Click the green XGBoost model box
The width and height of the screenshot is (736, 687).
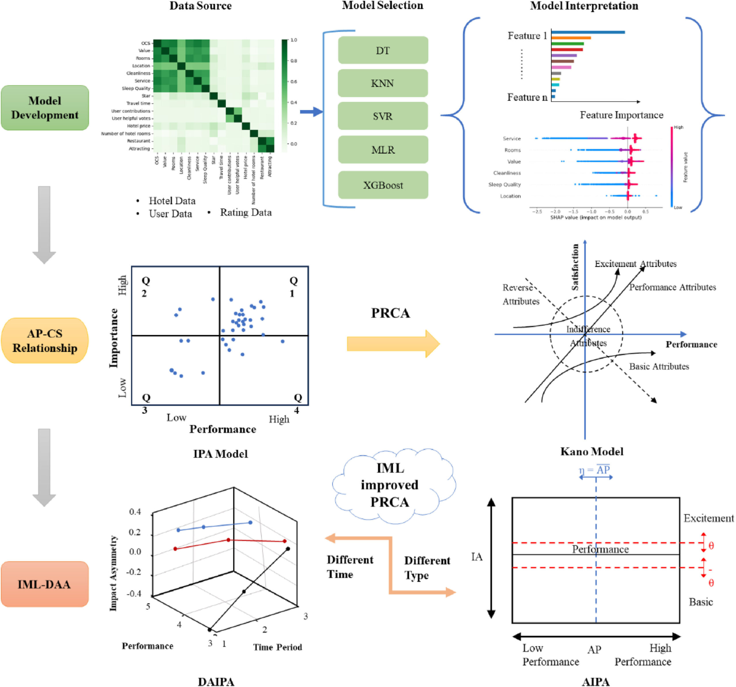(x=383, y=185)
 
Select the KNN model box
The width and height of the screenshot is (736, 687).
(x=383, y=83)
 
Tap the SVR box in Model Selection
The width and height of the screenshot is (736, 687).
(x=383, y=116)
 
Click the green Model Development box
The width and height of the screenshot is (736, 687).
(x=45, y=108)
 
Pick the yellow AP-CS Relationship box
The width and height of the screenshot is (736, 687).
(x=45, y=341)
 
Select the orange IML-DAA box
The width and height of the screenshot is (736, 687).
(x=45, y=584)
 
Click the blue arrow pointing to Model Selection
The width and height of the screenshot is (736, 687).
(x=311, y=112)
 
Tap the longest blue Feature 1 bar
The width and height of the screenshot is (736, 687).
(x=588, y=32)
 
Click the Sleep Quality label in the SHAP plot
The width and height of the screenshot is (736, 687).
(x=504, y=184)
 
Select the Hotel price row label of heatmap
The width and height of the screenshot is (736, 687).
(x=139, y=126)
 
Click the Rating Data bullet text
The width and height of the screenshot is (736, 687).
(x=246, y=213)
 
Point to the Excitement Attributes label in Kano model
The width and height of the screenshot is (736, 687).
(x=635, y=264)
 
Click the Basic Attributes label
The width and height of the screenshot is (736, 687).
(x=659, y=366)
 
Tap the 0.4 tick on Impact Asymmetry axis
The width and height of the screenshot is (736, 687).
(x=135, y=512)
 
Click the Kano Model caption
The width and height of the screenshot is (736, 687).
(x=592, y=451)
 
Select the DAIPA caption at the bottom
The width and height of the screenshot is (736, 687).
(x=216, y=682)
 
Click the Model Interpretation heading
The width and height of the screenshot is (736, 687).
(x=584, y=6)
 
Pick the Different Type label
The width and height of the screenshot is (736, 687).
(x=427, y=567)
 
